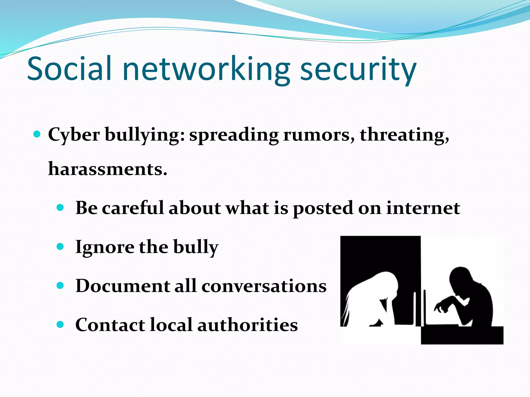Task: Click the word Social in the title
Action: click(x=69, y=68)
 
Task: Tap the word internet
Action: click(x=423, y=208)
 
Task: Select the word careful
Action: click(x=133, y=208)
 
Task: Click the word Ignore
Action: click(x=105, y=247)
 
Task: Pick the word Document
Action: click(x=122, y=286)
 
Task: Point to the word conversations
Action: click(x=264, y=286)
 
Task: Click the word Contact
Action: click(x=110, y=325)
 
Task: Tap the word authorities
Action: click(x=248, y=325)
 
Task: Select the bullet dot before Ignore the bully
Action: click(x=60, y=246)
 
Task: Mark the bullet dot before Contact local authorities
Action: click(x=60, y=324)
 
